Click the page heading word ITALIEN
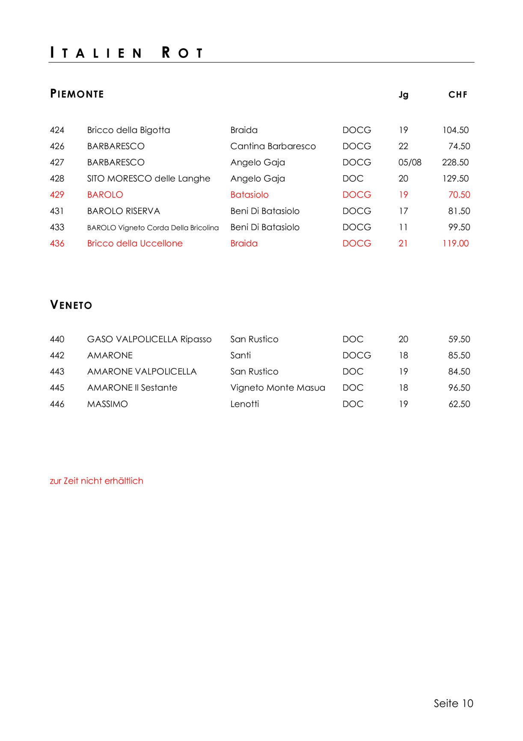click(x=96, y=53)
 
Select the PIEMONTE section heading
click(x=77, y=94)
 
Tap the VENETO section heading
click(x=71, y=305)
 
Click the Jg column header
click(x=403, y=95)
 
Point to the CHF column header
click(x=458, y=95)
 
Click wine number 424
click(x=57, y=130)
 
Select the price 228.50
click(x=455, y=162)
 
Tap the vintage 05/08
click(x=410, y=162)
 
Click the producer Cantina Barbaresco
click(x=273, y=147)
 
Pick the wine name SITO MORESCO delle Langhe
click(x=149, y=179)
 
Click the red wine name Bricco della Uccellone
click(x=135, y=243)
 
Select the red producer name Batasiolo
click(x=250, y=195)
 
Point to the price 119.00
click(x=455, y=243)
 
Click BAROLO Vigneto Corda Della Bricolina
click(x=153, y=228)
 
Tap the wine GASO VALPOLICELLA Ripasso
click(x=149, y=339)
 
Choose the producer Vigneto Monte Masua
click(x=278, y=388)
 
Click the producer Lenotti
click(x=245, y=404)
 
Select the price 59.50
click(x=459, y=339)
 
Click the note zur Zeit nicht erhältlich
click(x=96, y=481)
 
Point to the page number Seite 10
click(x=453, y=703)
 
